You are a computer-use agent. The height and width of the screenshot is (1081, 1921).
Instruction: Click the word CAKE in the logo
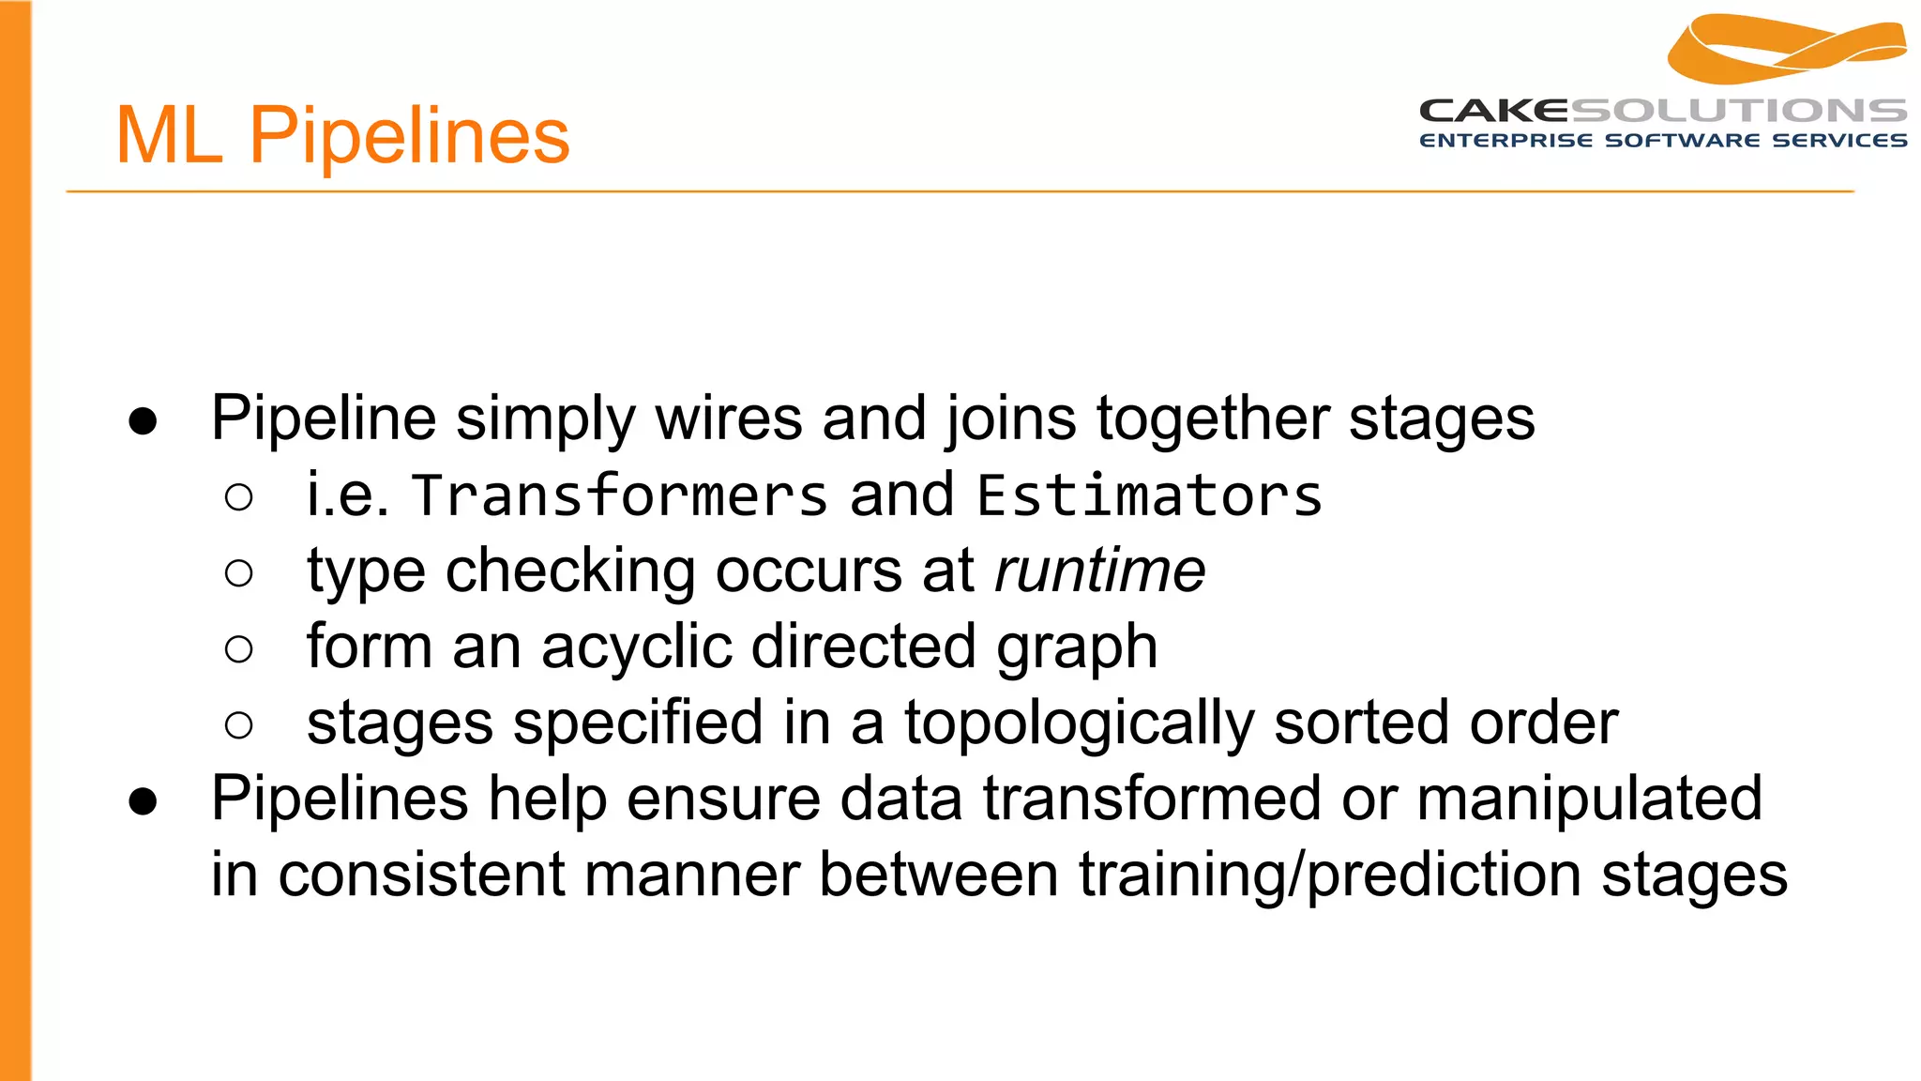pyautogui.click(x=1493, y=111)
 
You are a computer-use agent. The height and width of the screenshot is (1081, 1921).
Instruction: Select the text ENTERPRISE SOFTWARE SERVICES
pyautogui.click(x=1663, y=141)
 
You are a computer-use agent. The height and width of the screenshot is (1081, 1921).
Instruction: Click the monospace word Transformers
pyautogui.click(x=620, y=495)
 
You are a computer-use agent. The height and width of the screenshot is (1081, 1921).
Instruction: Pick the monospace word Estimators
pyautogui.click(x=1149, y=495)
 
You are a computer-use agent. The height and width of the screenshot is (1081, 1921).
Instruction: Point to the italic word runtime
pyautogui.click(x=1099, y=571)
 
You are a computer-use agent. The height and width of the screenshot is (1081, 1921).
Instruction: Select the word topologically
pyautogui.click(x=1079, y=723)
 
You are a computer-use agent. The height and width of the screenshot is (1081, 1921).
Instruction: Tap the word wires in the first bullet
pyautogui.click(x=729, y=418)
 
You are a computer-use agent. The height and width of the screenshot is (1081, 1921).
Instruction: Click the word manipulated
pyautogui.click(x=1589, y=799)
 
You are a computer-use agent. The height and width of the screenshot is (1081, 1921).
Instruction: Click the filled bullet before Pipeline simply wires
pyautogui.click(x=144, y=421)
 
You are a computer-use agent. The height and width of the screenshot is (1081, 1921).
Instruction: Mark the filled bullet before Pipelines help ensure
pyautogui.click(x=144, y=801)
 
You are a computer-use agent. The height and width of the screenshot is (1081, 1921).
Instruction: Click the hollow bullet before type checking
pyautogui.click(x=239, y=573)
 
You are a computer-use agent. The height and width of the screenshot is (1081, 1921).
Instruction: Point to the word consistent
pyautogui.click(x=421, y=875)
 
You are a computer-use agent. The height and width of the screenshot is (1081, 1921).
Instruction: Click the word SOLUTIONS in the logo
pyautogui.click(x=1738, y=111)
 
